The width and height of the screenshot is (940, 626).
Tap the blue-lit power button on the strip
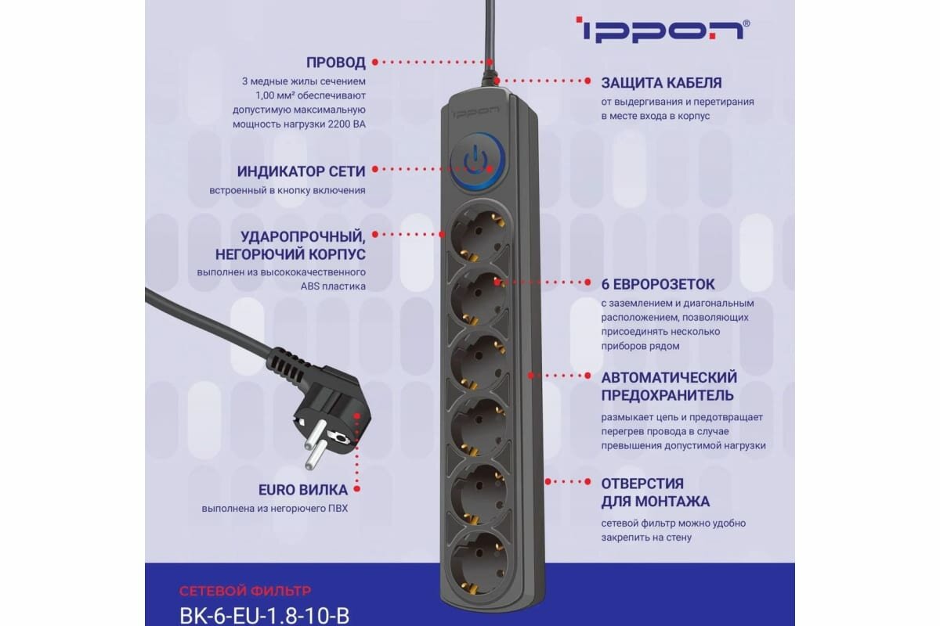(477, 161)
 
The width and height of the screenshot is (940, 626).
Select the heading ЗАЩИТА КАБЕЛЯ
(661, 82)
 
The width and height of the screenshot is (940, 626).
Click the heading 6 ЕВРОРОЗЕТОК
(658, 283)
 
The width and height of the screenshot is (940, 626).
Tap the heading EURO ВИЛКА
(303, 490)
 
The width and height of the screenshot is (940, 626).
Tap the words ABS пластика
(333, 286)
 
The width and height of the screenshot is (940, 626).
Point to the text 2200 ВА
(343, 124)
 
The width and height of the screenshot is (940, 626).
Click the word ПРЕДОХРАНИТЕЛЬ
(667, 395)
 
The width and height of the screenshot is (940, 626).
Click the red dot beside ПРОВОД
(374, 61)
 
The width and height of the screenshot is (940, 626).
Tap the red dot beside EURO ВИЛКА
(356, 490)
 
